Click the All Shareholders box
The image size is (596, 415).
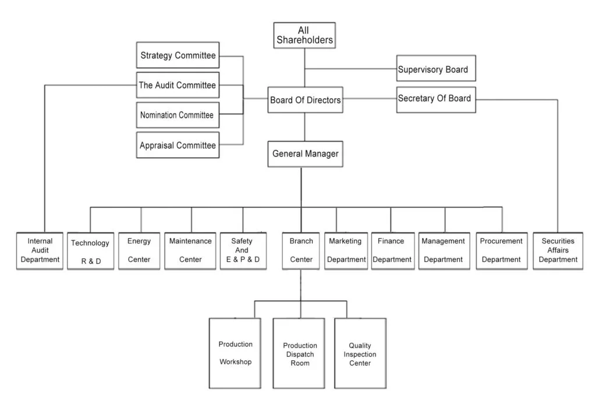[x=304, y=35]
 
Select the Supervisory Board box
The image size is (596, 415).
[x=436, y=69]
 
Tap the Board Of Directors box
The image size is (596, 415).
[x=305, y=100]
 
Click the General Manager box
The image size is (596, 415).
[x=305, y=154]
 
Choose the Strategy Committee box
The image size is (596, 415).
[x=178, y=56]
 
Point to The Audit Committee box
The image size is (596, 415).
[x=178, y=86]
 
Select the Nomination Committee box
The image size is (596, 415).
[x=178, y=115]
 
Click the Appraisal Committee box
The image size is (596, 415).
[x=178, y=146]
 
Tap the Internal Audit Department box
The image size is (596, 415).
[x=40, y=250]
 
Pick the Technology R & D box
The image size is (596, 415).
[x=90, y=251]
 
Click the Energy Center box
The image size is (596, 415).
[x=139, y=250]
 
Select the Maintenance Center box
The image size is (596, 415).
[x=190, y=250]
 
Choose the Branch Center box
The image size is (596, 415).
[x=301, y=250]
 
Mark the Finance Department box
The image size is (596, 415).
[x=392, y=250]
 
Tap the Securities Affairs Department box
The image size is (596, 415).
[x=558, y=250]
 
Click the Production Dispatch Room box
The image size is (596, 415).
[x=300, y=353]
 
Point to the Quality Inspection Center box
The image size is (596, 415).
[x=360, y=353]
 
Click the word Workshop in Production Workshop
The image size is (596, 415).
[x=235, y=362]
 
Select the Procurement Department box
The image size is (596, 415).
[x=501, y=250]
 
